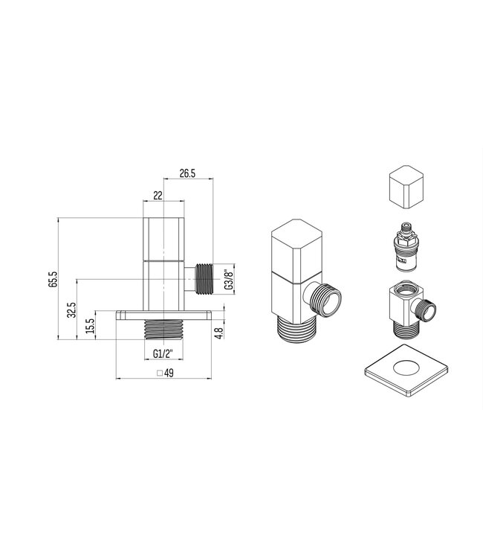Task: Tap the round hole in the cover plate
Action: click(407, 366)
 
